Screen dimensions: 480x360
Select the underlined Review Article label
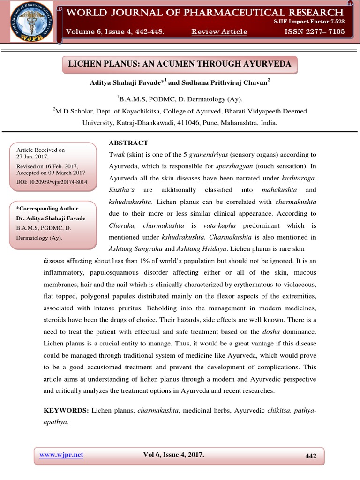pos(219,31)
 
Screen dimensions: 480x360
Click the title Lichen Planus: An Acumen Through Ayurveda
pos(180,64)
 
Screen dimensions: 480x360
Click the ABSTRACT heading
pos(128,142)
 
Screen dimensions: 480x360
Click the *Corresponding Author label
pos(47,208)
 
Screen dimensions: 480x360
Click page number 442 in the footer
pos(311,456)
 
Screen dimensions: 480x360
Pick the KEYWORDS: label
pos(66,410)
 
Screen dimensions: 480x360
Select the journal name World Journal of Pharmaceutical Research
pos(205,12)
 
